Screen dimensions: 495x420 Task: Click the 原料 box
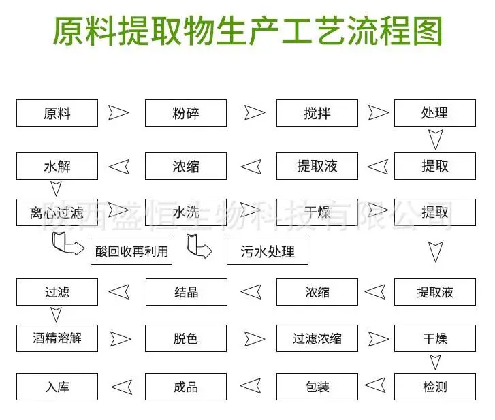57,113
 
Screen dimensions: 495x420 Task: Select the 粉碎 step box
186,113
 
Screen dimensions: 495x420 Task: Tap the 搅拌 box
317,113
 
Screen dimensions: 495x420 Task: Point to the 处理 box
435,113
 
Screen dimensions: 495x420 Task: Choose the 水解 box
57,166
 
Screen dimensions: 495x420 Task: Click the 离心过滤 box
57,212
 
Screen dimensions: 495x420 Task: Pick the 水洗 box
186,212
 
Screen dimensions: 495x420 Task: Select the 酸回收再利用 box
131,251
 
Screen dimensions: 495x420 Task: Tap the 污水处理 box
268,251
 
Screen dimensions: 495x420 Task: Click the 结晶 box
187,292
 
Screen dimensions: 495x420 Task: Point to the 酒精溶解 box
57,338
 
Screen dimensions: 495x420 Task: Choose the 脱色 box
186,338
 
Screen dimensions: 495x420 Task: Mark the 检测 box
435,387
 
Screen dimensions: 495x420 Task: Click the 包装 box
317,387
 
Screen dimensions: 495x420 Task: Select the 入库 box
57,387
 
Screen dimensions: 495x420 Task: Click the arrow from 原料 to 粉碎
118,112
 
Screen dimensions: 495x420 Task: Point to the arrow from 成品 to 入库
122,387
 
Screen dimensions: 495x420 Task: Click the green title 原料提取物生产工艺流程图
248,31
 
